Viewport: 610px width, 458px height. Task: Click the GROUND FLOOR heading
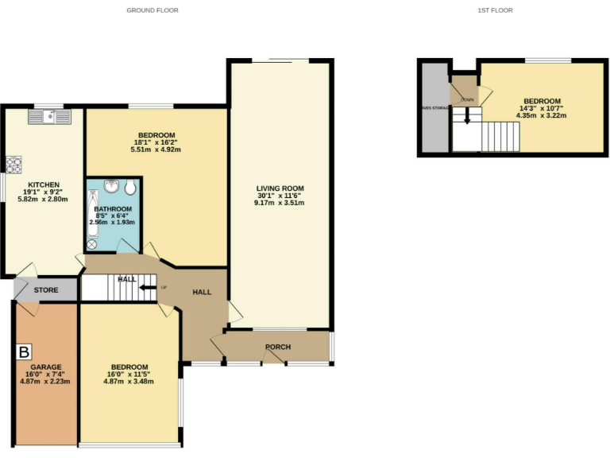pos(152,10)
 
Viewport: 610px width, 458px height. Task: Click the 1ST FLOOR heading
pos(496,10)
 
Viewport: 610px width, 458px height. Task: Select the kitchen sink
pos(48,118)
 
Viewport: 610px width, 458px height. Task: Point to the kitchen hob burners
pos(14,165)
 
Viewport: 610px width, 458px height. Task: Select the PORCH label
pos(278,347)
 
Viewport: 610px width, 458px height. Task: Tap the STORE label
pos(45,290)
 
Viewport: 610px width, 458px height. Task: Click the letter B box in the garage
pos(24,351)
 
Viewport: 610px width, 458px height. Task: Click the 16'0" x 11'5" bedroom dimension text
pos(128,375)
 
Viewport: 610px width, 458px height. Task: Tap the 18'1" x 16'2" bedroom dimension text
pos(156,142)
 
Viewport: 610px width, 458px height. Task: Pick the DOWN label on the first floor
pos(467,99)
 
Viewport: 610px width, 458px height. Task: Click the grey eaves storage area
pos(434,107)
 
